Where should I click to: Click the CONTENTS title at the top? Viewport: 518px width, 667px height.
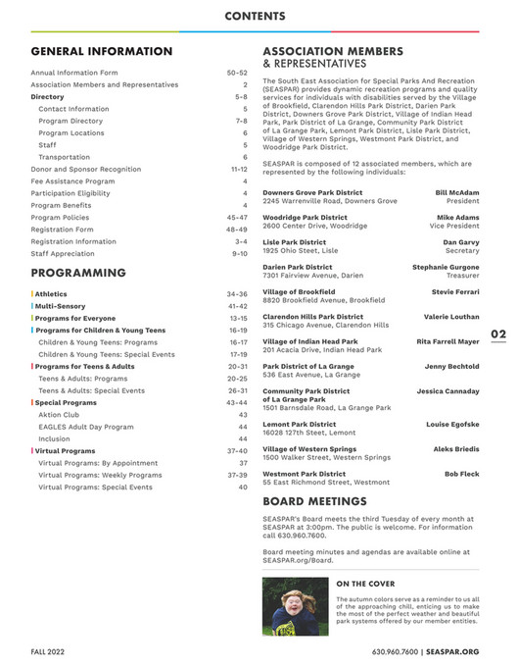click(x=255, y=16)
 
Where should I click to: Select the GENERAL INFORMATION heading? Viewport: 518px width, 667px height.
click(x=102, y=51)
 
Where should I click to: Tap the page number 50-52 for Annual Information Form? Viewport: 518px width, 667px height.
click(x=237, y=73)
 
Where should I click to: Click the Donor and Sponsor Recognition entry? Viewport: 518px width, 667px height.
click(x=86, y=169)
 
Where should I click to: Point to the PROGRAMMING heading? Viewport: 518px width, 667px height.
click(x=78, y=273)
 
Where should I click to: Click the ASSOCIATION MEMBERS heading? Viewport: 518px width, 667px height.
click(x=333, y=50)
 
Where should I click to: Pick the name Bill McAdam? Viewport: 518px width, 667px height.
click(x=457, y=192)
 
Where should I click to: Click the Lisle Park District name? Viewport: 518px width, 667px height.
click(x=295, y=241)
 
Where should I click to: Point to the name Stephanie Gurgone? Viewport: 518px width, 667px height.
click(x=447, y=266)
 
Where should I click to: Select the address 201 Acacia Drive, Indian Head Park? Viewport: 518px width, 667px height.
click(x=322, y=349)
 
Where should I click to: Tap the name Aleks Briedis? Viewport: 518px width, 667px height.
click(x=456, y=448)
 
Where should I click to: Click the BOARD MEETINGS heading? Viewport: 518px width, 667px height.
click(x=314, y=500)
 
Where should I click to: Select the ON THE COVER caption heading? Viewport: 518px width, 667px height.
click(x=365, y=584)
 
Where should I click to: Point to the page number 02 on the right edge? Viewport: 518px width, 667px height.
click(x=498, y=334)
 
